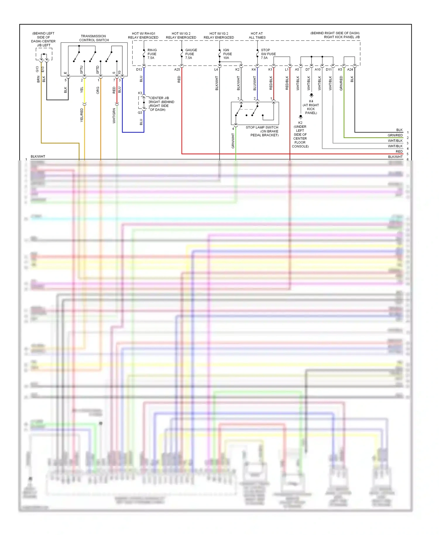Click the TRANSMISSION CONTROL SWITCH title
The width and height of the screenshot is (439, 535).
click(x=94, y=38)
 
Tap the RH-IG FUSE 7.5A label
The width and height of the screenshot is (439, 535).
click(x=152, y=54)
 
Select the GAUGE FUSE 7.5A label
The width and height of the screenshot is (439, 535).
click(x=191, y=54)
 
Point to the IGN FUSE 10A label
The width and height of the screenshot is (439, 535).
click(x=227, y=54)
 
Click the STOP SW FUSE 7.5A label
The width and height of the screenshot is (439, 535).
click(x=268, y=54)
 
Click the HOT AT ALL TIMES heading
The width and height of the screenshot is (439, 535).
click(x=257, y=35)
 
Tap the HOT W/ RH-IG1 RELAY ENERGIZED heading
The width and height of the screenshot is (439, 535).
click(x=143, y=35)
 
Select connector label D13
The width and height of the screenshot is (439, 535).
click(x=139, y=70)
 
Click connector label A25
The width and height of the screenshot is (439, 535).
click(x=177, y=70)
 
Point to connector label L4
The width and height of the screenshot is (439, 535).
click(x=216, y=70)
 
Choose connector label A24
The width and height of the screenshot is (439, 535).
click(x=350, y=70)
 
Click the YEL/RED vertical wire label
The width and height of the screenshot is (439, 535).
click(x=82, y=115)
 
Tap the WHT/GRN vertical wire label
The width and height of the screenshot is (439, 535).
click(x=114, y=116)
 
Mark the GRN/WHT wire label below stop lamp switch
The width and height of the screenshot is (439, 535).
click(x=233, y=141)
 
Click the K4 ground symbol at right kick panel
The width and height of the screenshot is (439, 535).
click(x=311, y=95)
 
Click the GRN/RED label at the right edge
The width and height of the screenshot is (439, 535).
click(x=395, y=135)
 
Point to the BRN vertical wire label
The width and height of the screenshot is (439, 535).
click(x=38, y=79)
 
